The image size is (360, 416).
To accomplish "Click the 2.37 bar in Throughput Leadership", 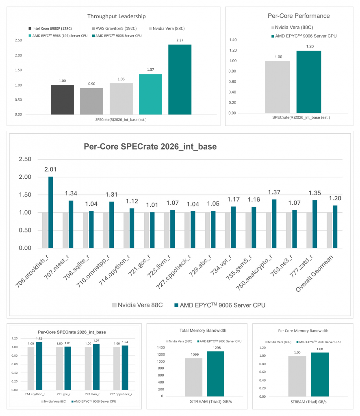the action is (180, 80).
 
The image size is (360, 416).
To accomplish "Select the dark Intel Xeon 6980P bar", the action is (62, 100).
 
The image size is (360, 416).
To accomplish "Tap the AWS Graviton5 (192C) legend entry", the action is (114, 28).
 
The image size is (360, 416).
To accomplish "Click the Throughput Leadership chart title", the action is (117, 16).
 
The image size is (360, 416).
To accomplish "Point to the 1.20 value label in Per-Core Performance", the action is (310, 46).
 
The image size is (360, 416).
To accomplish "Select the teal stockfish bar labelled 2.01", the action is (51, 212).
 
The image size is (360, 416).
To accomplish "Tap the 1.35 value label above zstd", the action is (314, 193).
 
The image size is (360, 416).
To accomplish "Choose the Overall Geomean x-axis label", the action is (314, 273).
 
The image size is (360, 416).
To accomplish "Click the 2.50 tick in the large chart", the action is (25, 159).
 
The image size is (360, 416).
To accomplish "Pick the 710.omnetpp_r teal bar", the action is (112, 225).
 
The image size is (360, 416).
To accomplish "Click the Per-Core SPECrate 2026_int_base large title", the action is (150, 146).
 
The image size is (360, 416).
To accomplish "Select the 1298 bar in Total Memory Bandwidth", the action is (215, 374).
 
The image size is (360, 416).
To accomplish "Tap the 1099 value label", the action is (195, 354).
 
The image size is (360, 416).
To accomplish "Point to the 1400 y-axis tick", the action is (161, 347).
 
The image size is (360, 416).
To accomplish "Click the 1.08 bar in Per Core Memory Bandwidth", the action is (320, 374).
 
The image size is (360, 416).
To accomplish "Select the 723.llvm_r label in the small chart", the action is (92, 394).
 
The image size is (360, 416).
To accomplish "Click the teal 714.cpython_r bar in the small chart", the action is (39, 366).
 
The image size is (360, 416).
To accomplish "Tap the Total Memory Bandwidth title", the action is (203, 330).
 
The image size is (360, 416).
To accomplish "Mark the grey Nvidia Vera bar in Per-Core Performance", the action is (277, 87).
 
